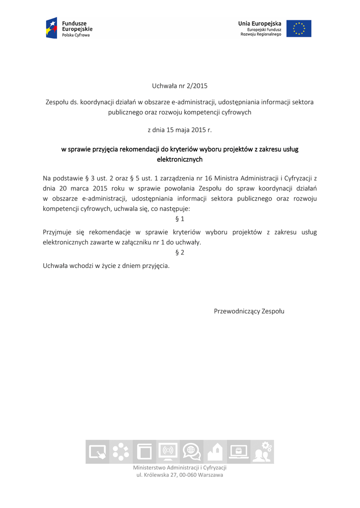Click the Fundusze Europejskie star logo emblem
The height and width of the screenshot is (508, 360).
coord(52,28)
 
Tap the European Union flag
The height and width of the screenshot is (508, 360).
coord(298,28)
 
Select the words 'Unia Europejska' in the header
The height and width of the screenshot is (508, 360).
coord(260,23)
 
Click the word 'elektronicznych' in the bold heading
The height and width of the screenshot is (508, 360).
coord(180,160)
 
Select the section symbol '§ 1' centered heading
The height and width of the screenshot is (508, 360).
coord(180,219)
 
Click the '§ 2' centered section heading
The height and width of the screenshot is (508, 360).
coord(180,253)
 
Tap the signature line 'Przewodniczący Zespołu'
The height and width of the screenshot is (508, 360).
coord(249,311)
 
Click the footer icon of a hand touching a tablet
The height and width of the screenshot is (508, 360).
coord(97,452)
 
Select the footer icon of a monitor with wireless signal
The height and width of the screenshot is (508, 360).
coord(168,451)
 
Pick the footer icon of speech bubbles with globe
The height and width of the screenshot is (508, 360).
coord(191,451)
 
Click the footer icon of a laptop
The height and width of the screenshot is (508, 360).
coord(239,451)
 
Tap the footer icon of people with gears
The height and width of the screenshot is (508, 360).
coord(262,451)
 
